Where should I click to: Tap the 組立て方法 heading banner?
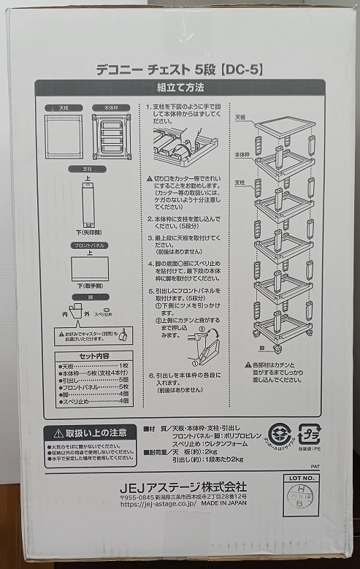180,87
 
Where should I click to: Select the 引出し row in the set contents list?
93,379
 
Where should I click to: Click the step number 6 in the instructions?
149,375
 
